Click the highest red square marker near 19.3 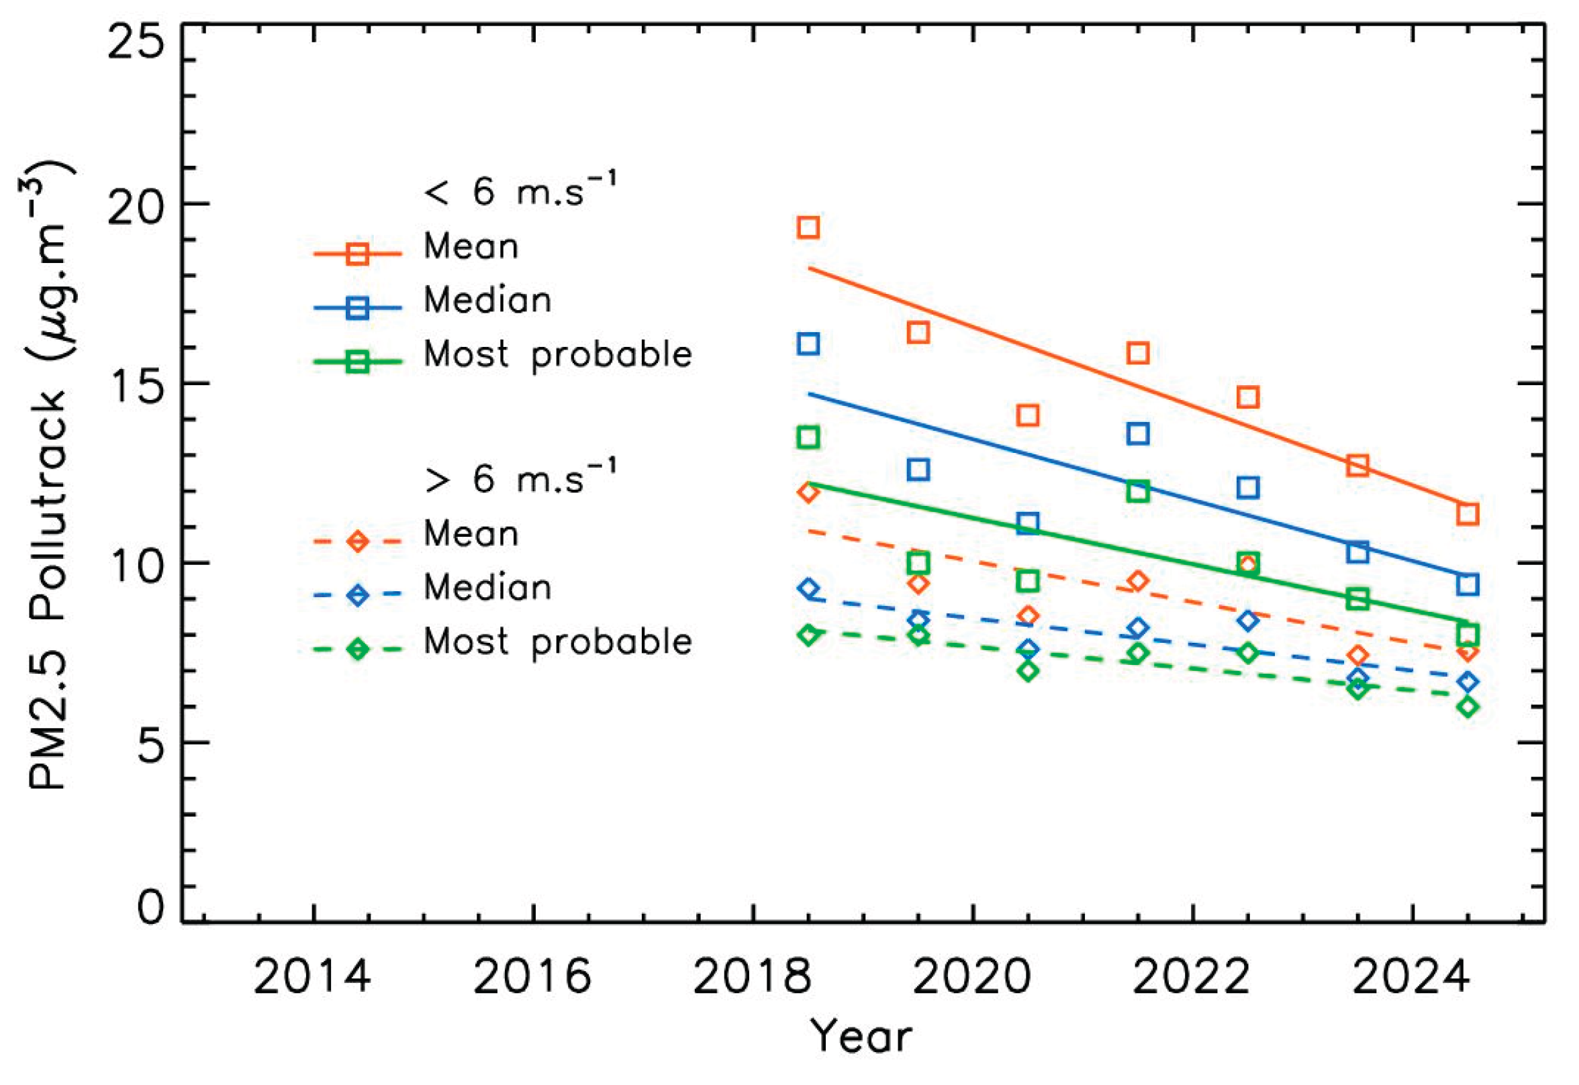807,227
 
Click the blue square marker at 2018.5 807,344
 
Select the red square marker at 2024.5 1468,514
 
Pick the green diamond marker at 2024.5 1468,707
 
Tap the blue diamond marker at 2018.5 808,588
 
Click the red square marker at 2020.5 1028,415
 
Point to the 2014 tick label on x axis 312,978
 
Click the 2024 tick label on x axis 1411,978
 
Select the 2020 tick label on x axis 971,978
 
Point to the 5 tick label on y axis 151,746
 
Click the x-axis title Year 861,1037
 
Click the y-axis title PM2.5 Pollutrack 48,476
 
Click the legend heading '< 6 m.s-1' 520,191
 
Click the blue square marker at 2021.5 1138,433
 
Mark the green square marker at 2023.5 1357,599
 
